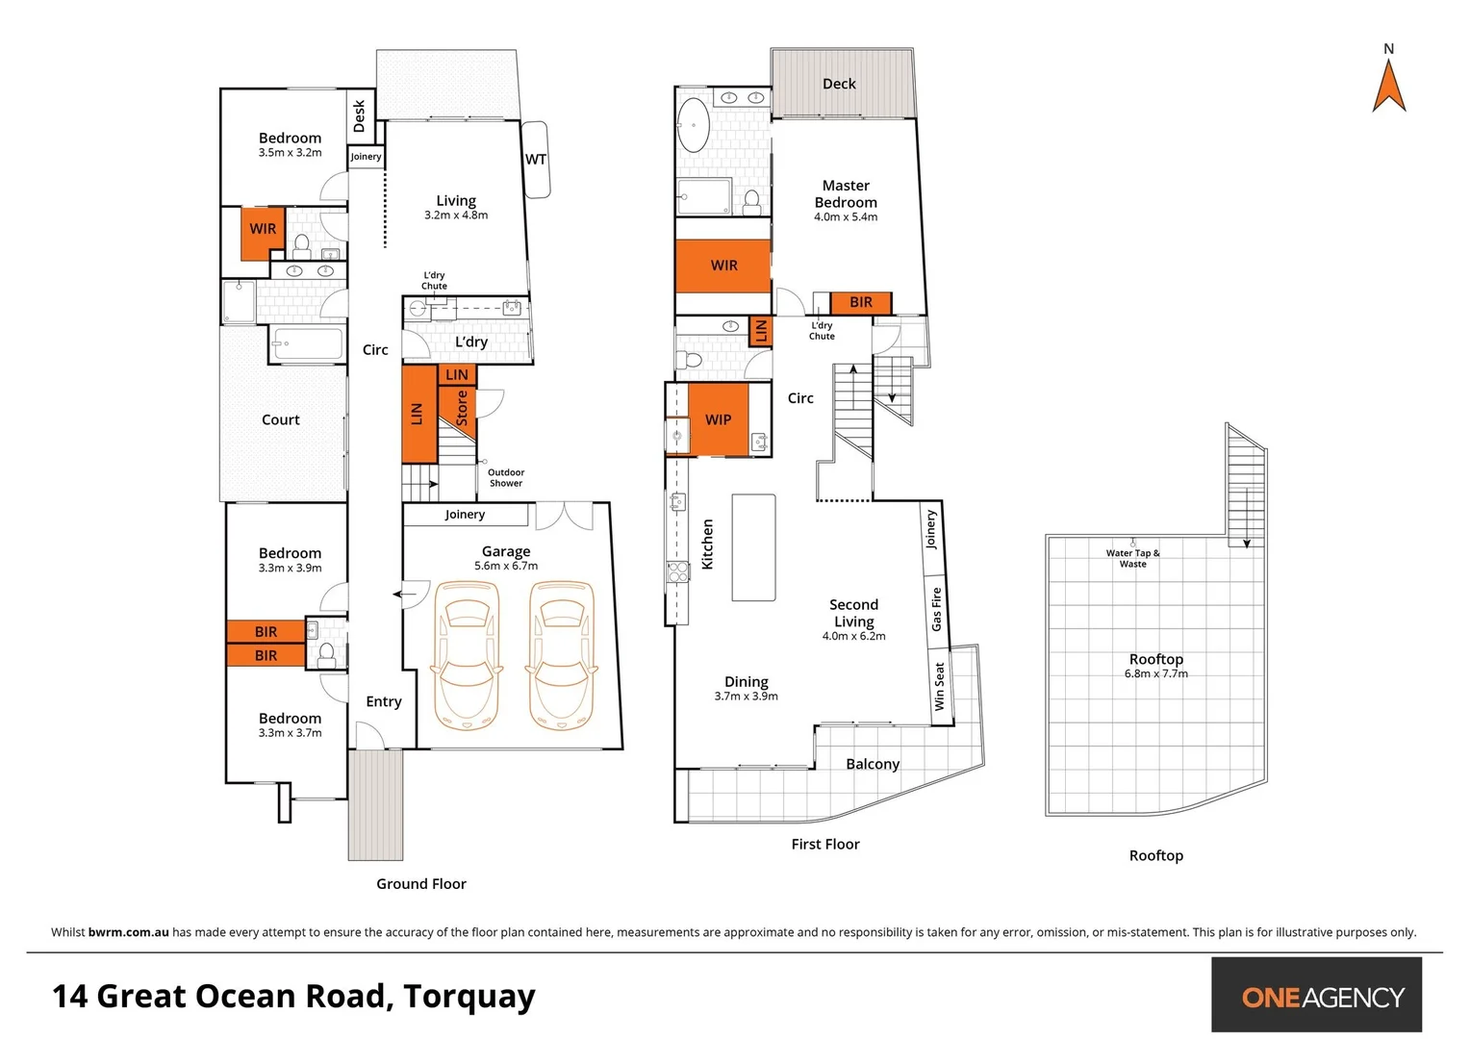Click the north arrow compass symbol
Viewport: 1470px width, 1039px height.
(1388, 87)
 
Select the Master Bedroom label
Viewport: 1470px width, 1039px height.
(846, 194)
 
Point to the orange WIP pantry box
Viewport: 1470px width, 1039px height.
(719, 419)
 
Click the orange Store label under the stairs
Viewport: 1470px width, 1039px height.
(461, 407)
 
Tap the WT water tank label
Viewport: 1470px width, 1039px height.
(535, 160)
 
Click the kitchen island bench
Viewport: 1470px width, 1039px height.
(753, 547)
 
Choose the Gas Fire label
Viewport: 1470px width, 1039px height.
(936, 609)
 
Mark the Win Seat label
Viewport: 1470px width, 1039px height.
(939, 687)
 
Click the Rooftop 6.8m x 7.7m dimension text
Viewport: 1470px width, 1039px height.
(1155, 673)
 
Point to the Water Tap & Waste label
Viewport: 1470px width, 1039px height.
(1132, 558)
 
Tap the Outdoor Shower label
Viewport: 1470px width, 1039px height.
(506, 477)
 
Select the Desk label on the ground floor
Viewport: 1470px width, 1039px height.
(360, 115)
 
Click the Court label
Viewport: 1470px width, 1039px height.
(280, 419)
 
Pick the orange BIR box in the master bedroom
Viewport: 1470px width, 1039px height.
(860, 302)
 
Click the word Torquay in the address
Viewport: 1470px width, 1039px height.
(469, 997)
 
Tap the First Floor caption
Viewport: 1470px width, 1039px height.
(824, 844)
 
